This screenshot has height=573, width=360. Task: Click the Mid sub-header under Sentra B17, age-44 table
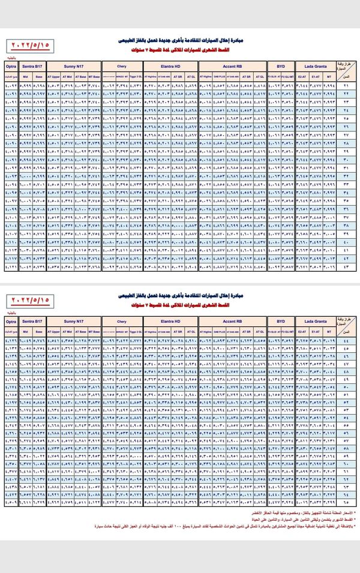point(26,330)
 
